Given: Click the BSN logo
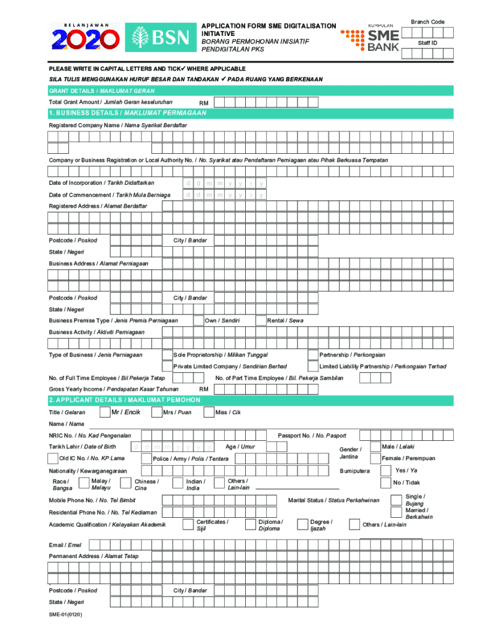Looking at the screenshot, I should tap(159, 38).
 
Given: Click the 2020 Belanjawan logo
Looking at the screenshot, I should tap(86, 38).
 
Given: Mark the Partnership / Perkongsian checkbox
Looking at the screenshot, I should tap(313, 355).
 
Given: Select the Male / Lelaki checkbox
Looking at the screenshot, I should tap(376, 446).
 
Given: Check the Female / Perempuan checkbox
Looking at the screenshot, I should tap(376, 458).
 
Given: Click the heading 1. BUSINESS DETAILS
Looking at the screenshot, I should tap(127, 113).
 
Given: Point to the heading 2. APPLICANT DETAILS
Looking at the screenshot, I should tap(124, 400).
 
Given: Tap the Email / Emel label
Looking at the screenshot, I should tap(65, 544).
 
